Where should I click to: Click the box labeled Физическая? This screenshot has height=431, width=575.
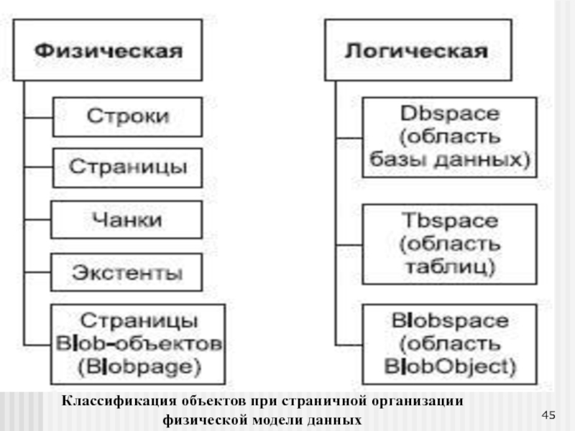tap(107, 50)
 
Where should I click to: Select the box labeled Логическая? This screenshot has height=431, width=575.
tap(418, 50)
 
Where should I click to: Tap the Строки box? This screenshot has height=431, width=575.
tap(127, 117)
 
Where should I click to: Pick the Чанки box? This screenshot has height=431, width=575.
tap(126, 220)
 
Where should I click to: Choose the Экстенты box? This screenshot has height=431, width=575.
tap(126, 272)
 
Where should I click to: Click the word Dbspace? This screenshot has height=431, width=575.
tap(450, 113)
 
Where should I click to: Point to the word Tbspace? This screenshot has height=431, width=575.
tap(450, 221)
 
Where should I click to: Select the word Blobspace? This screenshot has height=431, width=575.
tap(450, 320)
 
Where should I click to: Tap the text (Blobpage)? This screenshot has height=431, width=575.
tap(139, 367)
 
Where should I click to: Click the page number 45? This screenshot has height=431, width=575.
tap(548, 415)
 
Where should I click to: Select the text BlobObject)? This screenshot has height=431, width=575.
tap(450, 366)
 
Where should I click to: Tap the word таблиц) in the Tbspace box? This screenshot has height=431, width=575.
tap(451, 267)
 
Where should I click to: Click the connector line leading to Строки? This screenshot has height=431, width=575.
tap(39, 118)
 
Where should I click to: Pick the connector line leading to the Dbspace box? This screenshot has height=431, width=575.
tap(349, 138)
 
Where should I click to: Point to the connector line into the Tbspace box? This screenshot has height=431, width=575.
tap(349, 244)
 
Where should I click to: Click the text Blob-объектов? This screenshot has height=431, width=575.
tap(139, 344)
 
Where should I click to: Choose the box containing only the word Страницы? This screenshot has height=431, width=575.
tap(127, 168)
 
